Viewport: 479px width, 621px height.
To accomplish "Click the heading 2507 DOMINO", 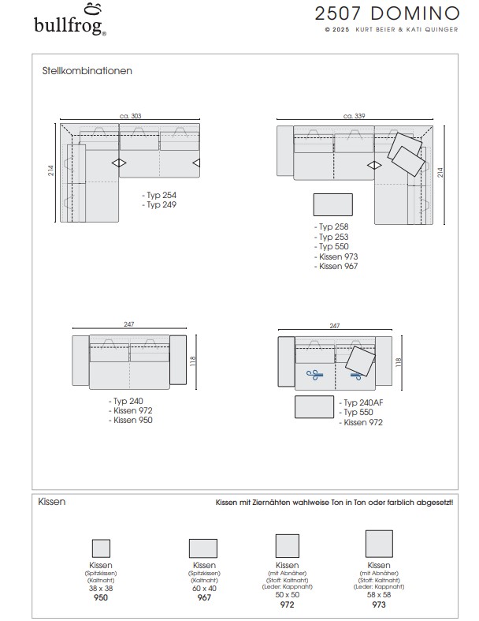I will coord(386,13).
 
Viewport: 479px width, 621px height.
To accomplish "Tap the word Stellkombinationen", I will coord(87,70).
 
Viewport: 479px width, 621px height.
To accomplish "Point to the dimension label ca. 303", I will coord(130,116).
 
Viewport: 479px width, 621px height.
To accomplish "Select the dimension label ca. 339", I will coord(354,116).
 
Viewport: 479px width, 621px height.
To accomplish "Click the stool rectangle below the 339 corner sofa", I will coord(333,205).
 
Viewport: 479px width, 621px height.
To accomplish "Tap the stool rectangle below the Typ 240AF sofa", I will coord(314,407).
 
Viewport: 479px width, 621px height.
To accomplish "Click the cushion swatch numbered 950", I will coord(101,548).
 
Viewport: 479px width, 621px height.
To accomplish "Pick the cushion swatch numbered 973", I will coord(379,544).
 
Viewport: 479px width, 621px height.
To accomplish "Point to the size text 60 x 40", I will coord(204,589).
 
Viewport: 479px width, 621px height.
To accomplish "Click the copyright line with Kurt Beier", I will coord(390,31).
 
